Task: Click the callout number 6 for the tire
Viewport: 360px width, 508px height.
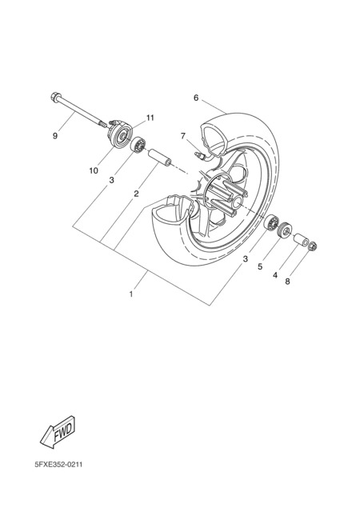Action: click(x=196, y=98)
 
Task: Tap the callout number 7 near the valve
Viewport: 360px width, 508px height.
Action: click(x=183, y=136)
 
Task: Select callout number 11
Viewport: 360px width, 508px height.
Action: click(x=150, y=118)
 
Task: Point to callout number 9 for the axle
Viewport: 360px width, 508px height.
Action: click(x=55, y=136)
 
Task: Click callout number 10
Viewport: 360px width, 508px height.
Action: click(x=94, y=170)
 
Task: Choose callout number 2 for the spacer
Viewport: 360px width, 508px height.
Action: click(x=136, y=194)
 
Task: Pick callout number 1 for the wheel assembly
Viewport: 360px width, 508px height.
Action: click(x=131, y=294)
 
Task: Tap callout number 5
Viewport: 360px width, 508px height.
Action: click(x=260, y=266)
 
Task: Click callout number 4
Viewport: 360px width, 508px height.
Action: click(x=275, y=275)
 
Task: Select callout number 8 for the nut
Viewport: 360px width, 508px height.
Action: click(x=287, y=282)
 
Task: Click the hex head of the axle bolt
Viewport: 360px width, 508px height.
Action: click(x=54, y=97)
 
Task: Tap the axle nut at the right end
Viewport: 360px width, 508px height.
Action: click(x=313, y=246)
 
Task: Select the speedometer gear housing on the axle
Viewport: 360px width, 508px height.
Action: click(x=119, y=134)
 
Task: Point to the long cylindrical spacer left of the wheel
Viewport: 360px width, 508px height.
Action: click(x=159, y=157)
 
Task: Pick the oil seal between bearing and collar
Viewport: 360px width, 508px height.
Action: click(x=284, y=230)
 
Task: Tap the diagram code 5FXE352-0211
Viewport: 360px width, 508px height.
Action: click(x=58, y=465)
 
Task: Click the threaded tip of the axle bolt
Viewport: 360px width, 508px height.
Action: click(x=102, y=124)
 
